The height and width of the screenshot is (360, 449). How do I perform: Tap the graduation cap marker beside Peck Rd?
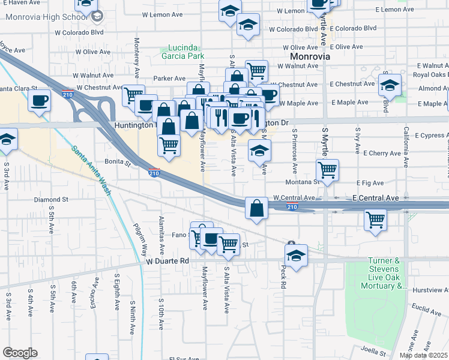click(x=296, y=255)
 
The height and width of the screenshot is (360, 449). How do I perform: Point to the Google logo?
click(x=20, y=352)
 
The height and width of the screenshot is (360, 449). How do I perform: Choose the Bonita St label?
click(x=118, y=162)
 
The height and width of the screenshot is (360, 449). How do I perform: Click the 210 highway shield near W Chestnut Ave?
click(x=67, y=94)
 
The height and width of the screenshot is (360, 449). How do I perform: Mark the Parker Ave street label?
click(x=170, y=78)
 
